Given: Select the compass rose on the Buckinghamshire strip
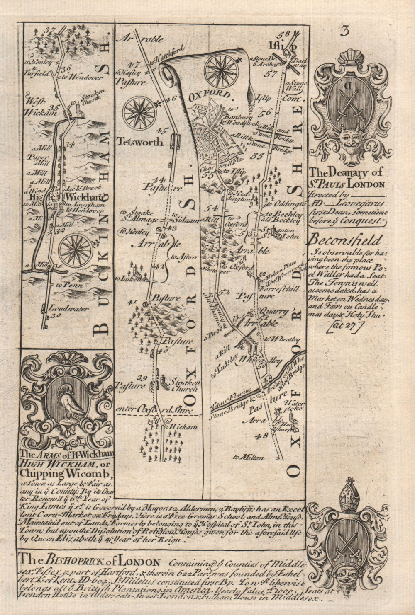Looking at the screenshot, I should [x=76, y=250].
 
